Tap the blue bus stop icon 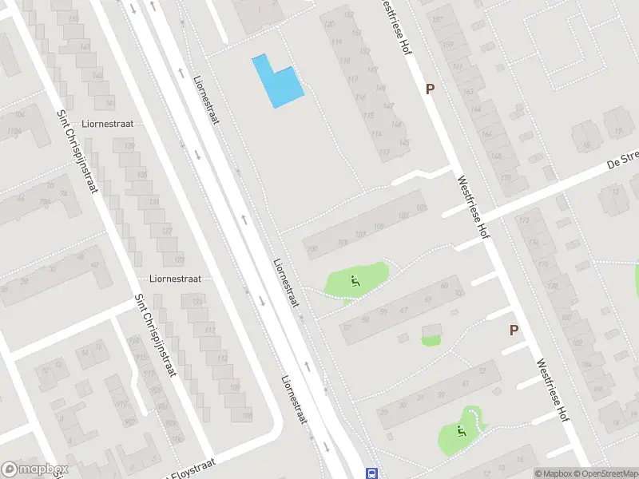(371, 473)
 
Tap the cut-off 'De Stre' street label (622, 160)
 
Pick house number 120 (328, 22)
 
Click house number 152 (349, 14)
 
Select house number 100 (312, 249)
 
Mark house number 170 (505, 176)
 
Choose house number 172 (524, 220)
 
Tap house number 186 (586, 365)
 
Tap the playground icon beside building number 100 (355, 280)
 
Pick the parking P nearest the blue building (430, 89)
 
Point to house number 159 (448, 44)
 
